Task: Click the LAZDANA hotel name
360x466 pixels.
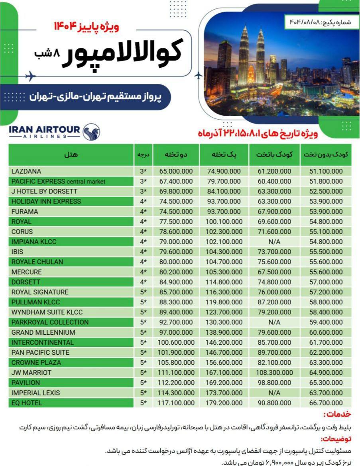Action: (26, 172)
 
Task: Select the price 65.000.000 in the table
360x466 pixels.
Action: (176, 172)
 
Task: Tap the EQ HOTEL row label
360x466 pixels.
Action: (27, 403)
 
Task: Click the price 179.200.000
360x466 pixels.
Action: (224, 403)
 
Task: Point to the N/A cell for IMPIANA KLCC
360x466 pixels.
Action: (274, 242)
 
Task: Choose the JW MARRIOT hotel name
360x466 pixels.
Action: (31, 373)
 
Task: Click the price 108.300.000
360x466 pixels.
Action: (274, 373)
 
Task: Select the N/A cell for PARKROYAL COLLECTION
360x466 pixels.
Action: (274, 322)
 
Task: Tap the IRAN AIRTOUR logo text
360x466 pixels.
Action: (44, 131)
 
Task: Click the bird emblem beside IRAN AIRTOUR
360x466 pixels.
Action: (91, 131)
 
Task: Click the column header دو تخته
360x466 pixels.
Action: (176, 155)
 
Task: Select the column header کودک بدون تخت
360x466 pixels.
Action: (326, 155)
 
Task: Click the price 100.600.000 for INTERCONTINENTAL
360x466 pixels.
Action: (176, 342)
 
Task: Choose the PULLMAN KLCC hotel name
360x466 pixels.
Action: (36, 302)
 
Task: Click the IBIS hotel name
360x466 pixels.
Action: (18, 252)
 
